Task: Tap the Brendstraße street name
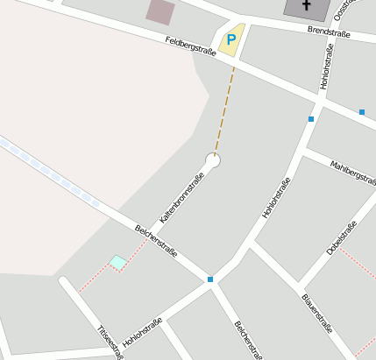coord(329,32)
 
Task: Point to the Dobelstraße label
coord(342,238)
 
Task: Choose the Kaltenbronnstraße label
coord(181,198)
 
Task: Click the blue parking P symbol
coord(231,39)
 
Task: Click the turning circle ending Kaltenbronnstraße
coord(212,160)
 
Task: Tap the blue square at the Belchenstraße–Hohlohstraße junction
coord(210,279)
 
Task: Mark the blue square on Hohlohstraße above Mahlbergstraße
coord(311,118)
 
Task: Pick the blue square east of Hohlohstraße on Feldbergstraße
coord(361,112)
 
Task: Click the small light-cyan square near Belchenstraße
coord(117,262)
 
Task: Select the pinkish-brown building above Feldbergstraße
coord(160,11)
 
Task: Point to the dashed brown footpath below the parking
coord(224,105)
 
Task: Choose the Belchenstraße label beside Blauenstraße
coord(248,341)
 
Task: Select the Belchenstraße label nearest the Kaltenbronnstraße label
coord(157,242)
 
